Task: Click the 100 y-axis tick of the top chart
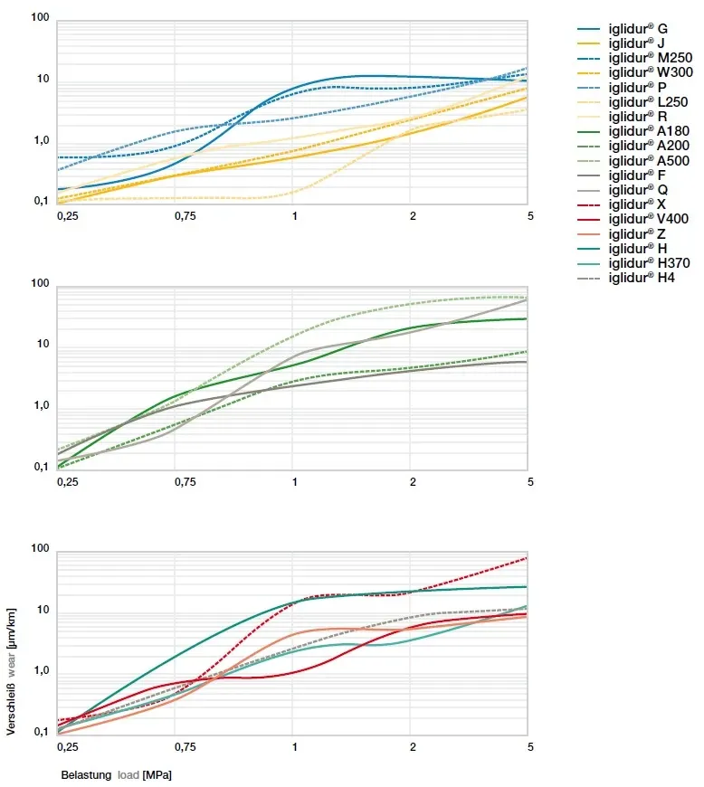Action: [x=39, y=18]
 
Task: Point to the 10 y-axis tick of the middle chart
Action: [x=42, y=346]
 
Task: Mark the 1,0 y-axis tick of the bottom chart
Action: [x=40, y=671]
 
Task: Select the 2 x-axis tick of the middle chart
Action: [x=413, y=482]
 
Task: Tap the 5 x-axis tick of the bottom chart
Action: [x=530, y=747]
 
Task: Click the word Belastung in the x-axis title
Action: [x=86, y=775]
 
